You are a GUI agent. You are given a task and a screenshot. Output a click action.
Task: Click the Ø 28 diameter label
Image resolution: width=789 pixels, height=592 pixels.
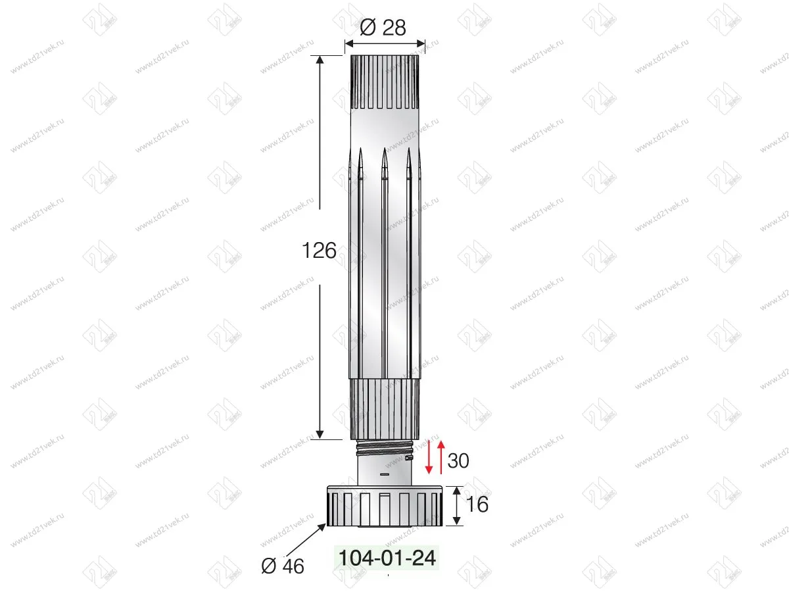pyautogui.click(x=383, y=28)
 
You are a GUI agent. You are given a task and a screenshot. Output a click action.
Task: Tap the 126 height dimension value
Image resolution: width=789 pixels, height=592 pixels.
pyautogui.click(x=319, y=250)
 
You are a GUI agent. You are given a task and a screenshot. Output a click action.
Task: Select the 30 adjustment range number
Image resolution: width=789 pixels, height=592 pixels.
pyautogui.click(x=458, y=460)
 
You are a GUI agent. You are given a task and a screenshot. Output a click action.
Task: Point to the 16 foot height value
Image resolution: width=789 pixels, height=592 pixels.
pyautogui.click(x=477, y=504)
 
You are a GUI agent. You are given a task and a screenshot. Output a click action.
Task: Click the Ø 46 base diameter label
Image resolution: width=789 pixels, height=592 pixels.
pyautogui.click(x=283, y=566)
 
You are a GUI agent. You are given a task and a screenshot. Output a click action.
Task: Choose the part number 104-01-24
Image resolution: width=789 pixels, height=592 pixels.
pyautogui.click(x=387, y=558)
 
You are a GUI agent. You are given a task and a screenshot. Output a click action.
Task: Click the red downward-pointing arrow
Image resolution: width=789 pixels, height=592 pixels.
pyautogui.click(x=429, y=456)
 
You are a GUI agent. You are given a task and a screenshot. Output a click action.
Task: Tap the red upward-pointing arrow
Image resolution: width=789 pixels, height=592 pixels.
pyautogui.click(x=441, y=456)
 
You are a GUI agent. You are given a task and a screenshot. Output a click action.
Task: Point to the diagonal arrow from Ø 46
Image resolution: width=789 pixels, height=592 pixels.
pyautogui.click(x=306, y=541)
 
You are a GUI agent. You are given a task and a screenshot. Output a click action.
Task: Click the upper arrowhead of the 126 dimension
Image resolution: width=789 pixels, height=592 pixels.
pyautogui.click(x=320, y=60)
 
